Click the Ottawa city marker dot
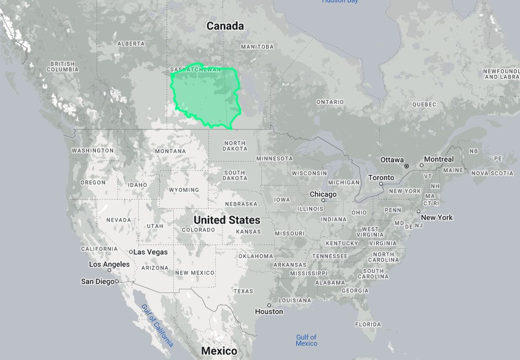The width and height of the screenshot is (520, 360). click(x=406, y=166)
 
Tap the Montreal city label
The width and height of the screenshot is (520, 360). click(x=439, y=159)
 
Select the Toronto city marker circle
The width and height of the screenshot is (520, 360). click(x=382, y=184)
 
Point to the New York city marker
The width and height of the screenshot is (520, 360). click(x=419, y=211)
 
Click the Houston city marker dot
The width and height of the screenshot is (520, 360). click(x=269, y=305)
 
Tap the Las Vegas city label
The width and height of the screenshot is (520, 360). click(x=151, y=252)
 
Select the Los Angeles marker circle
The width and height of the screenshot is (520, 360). click(x=109, y=270)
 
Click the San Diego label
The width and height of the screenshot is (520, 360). click(x=97, y=281)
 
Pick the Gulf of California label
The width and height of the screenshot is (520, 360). click(x=157, y=325)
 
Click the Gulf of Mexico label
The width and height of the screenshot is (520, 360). click(x=305, y=340)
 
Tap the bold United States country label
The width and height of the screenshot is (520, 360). click(x=227, y=220)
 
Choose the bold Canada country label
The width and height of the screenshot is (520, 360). click(x=225, y=26)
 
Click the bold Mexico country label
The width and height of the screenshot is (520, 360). click(x=219, y=351)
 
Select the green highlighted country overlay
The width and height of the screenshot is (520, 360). click(x=206, y=95)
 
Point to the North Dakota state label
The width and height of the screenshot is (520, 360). click(x=234, y=146)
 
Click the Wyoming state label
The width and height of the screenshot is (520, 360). click(x=184, y=190)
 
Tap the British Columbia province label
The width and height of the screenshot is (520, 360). click(x=64, y=66)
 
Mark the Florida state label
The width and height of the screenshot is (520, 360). click(x=368, y=324)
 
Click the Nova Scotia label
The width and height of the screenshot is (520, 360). click(x=492, y=173)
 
